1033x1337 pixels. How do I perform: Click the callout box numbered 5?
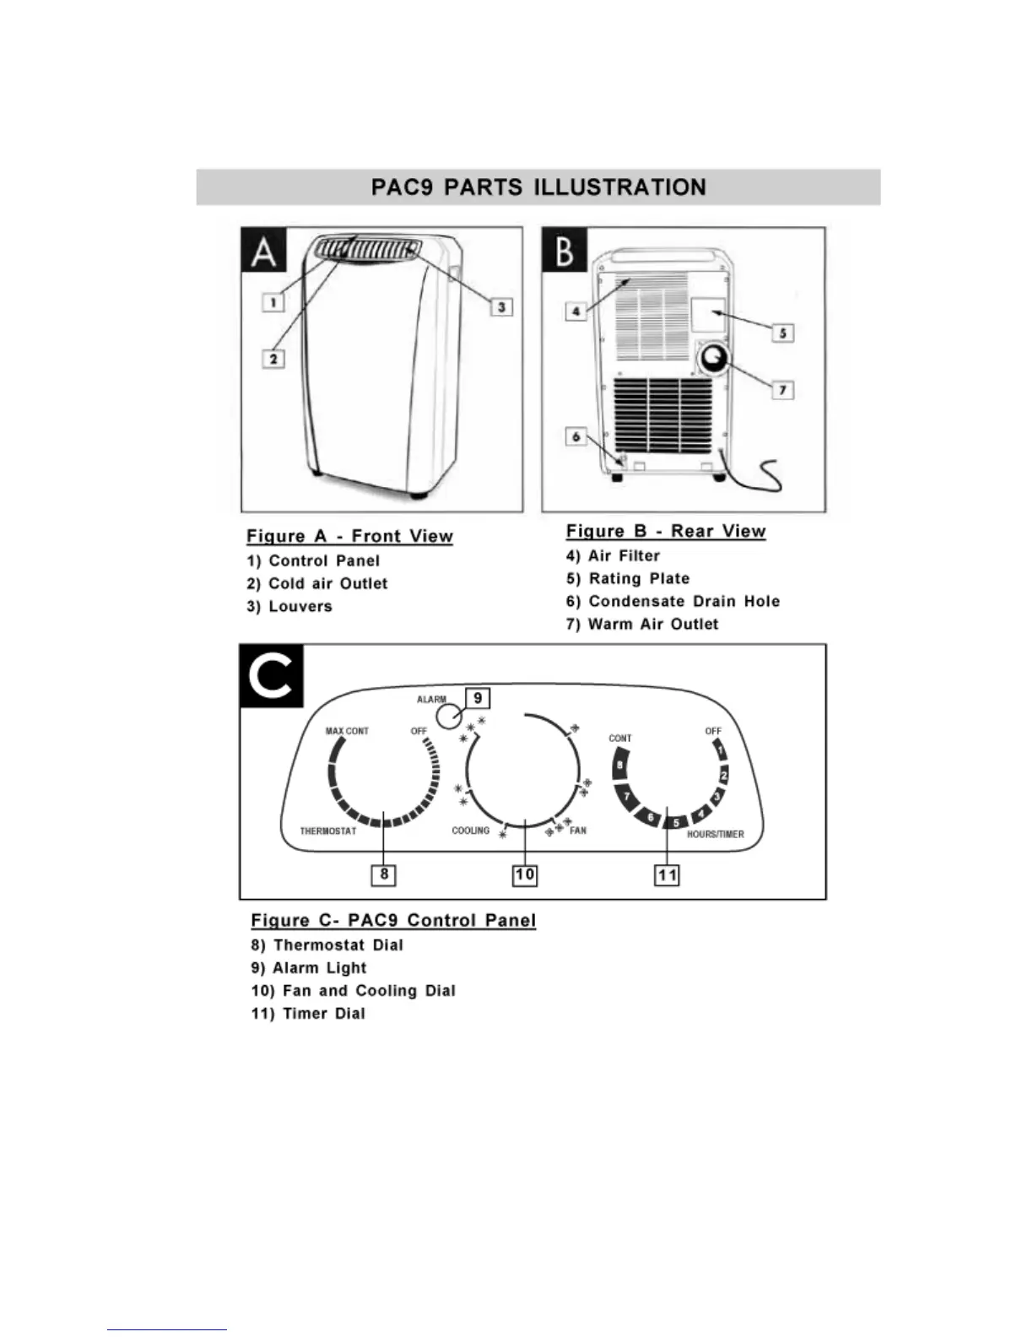tap(782, 333)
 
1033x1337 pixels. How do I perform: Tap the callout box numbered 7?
tap(782, 390)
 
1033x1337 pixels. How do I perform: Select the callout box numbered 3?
tap(501, 307)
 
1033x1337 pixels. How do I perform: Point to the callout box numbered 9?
tap(478, 698)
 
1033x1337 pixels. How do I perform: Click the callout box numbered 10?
tap(525, 874)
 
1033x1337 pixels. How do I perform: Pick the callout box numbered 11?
tap(667, 875)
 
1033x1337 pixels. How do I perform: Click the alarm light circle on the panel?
tap(449, 717)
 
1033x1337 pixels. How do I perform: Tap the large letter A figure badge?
tap(264, 251)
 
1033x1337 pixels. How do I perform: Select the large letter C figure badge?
tap(272, 676)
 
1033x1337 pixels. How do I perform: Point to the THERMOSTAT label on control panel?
tap(328, 831)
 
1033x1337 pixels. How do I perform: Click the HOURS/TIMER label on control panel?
tap(715, 834)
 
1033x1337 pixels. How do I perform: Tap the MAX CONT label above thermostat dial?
tap(347, 731)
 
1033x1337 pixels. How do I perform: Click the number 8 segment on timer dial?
tap(620, 766)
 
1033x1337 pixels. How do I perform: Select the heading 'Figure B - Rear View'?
tap(666, 532)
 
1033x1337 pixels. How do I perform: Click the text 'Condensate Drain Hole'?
tap(684, 602)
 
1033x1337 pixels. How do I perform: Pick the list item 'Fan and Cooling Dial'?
tap(369, 991)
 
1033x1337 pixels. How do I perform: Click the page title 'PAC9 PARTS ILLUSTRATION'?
tap(538, 187)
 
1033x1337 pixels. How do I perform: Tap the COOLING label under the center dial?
tap(470, 831)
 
